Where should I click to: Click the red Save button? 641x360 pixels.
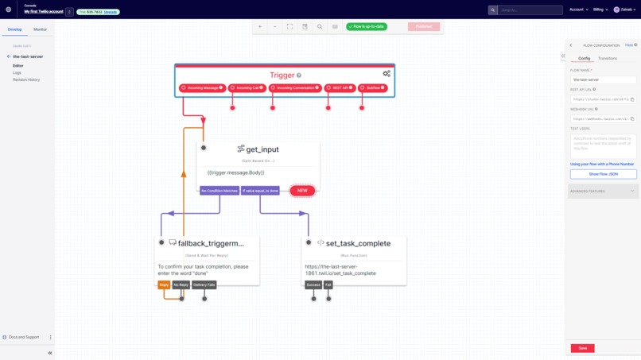tap(582, 348)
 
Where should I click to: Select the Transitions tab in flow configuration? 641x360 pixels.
tap(607, 58)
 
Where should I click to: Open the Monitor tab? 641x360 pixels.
tap(40, 29)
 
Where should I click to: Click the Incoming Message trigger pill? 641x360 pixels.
tap(202, 87)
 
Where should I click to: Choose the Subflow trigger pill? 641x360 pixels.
tap(372, 87)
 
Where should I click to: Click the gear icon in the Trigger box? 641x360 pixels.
tap(387, 74)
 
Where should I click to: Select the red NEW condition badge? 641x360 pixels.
tap(302, 191)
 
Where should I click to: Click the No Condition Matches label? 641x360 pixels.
tap(219, 191)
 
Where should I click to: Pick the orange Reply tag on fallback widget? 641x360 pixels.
tap(164, 285)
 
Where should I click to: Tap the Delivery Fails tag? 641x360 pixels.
tap(204, 285)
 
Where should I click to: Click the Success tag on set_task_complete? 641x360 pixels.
tap(313, 285)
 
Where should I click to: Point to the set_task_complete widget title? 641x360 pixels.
tap(358, 243)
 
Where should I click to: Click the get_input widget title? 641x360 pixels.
tap(262, 149)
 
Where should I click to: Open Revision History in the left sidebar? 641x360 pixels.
tap(26, 79)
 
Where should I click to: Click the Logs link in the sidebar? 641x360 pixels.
tap(17, 72)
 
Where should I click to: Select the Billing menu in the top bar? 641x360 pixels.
tap(600, 10)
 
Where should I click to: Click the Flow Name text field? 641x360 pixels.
tap(603, 79)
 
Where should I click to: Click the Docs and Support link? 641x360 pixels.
tap(24, 337)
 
